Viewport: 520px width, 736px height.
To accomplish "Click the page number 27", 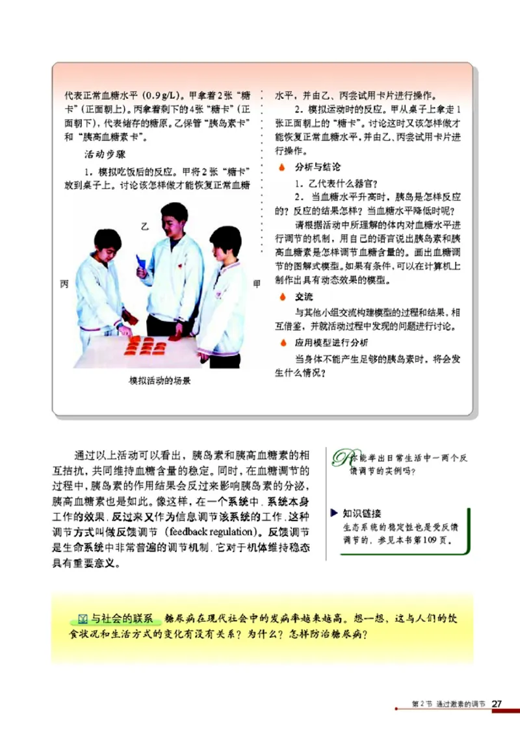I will [x=498, y=704].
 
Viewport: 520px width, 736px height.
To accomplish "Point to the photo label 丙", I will [x=64, y=284].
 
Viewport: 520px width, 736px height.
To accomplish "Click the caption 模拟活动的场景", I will [x=160, y=380].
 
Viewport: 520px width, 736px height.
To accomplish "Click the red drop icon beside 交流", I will [x=281, y=296].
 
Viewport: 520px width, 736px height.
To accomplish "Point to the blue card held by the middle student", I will [x=140, y=262].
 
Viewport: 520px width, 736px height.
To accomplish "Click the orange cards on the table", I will [x=146, y=346].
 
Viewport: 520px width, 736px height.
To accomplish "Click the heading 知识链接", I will [x=362, y=513].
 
